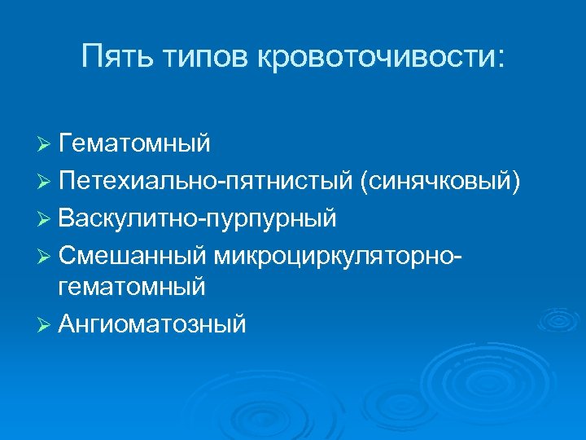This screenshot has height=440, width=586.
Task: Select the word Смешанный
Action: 133,255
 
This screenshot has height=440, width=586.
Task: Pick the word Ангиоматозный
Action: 151,324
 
